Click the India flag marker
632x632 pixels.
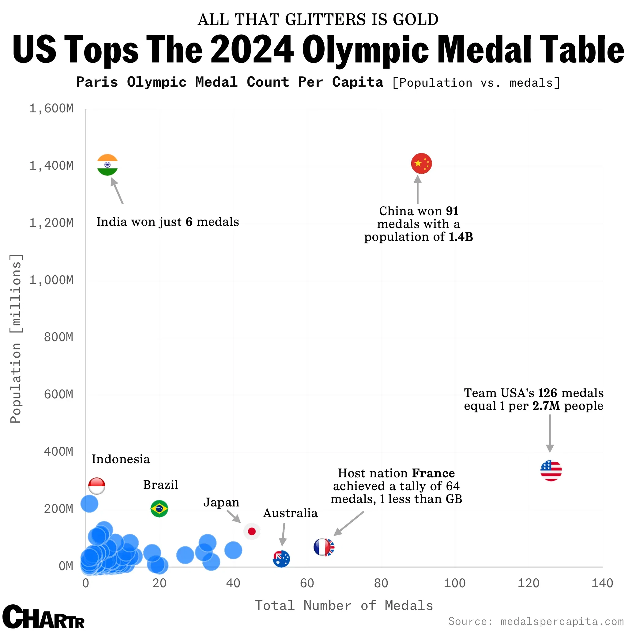[x=107, y=164]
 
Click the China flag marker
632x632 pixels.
[x=421, y=163]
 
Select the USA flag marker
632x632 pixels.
[x=551, y=470]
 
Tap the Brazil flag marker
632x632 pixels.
[x=159, y=509]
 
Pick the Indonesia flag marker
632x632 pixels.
[x=97, y=486]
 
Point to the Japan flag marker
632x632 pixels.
[x=252, y=531]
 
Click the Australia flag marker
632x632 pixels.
[x=281, y=559]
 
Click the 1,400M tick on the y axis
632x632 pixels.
[x=51, y=166]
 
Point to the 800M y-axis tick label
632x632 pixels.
[x=58, y=337]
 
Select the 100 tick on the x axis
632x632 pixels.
[x=454, y=583]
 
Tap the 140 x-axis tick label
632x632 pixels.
[x=602, y=583]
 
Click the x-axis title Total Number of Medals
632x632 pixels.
[x=344, y=605]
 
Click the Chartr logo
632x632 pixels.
[x=43, y=617]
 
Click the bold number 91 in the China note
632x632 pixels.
[x=452, y=211]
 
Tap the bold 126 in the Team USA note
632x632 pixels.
[x=547, y=393]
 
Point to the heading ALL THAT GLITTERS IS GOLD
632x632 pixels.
[x=318, y=20]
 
